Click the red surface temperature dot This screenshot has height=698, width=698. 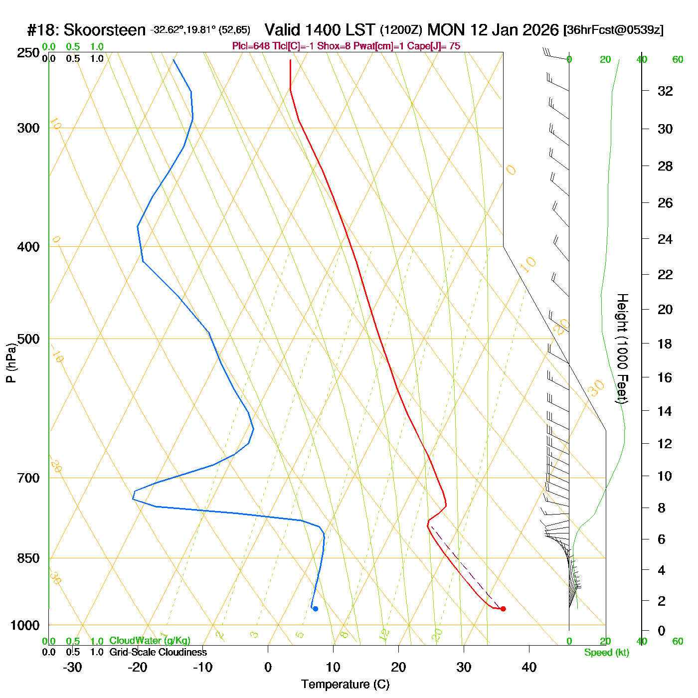(503, 609)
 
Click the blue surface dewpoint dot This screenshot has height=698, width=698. (315, 609)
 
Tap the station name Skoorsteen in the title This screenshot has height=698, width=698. (105, 30)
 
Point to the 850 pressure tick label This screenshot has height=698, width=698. (28, 558)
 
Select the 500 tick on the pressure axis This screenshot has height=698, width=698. (28, 339)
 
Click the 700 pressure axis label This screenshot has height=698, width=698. (28, 478)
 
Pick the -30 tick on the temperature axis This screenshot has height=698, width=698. (72, 667)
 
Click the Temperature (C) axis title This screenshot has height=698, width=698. (345, 685)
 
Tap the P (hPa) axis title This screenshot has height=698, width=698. (11, 363)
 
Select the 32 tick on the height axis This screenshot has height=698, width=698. (665, 91)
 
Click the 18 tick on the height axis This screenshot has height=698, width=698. (665, 344)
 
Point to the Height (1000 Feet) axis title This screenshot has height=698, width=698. (622, 349)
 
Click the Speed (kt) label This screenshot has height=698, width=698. (607, 653)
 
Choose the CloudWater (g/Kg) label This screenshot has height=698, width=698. (150, 641)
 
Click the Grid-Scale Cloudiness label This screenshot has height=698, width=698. (158, 652)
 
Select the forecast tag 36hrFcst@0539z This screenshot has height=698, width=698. (613, 30)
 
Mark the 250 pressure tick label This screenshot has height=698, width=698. (28, 53)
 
